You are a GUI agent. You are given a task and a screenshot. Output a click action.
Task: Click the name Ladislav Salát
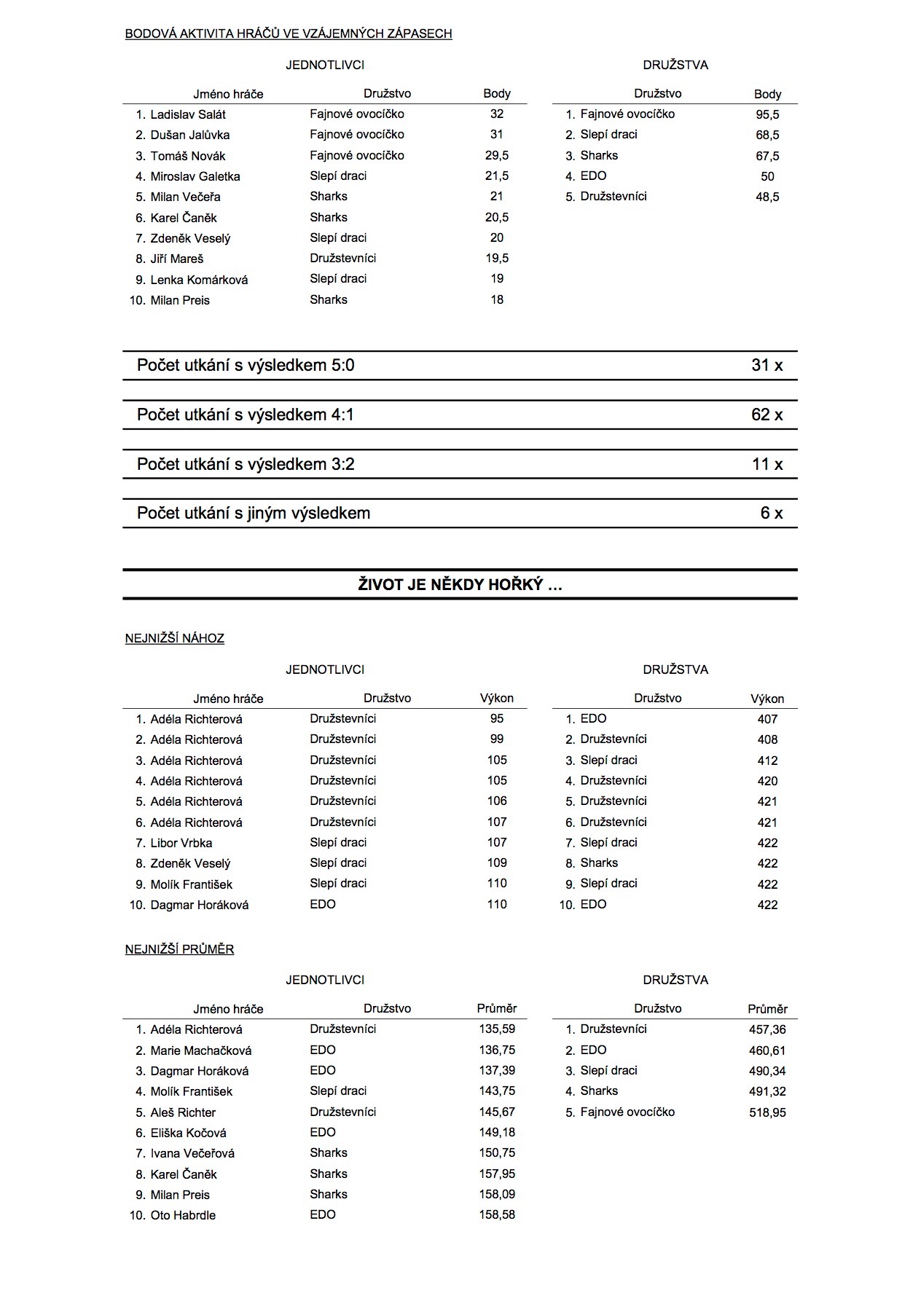[188, 114]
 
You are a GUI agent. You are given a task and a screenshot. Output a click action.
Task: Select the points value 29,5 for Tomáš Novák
[497, 156]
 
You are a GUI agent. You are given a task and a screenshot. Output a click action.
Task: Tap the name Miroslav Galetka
[195, 176]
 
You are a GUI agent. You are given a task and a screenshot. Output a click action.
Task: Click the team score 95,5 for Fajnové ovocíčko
[767, 115]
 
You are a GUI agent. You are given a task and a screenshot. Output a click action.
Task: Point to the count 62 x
[767, 415]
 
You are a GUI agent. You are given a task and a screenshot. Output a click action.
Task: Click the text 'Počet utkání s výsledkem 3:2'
[246, 465]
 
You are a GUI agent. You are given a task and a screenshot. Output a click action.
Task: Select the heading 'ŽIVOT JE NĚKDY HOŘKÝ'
[460, 585]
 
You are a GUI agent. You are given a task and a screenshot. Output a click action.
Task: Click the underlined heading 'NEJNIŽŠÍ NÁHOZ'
[175, 639]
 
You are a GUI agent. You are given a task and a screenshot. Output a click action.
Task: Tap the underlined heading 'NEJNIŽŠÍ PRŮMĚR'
[179, 950]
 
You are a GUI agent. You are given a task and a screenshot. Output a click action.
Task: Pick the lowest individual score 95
[497, 719]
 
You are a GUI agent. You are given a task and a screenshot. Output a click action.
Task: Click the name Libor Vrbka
[181, 844]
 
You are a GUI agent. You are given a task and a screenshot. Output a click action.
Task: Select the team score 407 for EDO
[767, 720]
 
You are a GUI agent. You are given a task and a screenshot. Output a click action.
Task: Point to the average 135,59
[497, 1030]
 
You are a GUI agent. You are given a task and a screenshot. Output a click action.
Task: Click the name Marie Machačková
[201, 1051]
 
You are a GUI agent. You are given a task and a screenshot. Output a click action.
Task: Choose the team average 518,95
[767, 1113]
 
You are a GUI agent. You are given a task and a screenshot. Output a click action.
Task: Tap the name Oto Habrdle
[183, 1216]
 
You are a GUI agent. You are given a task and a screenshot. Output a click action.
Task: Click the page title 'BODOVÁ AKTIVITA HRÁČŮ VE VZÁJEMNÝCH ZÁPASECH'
[289, 34]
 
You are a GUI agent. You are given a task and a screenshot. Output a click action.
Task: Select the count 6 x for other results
[771, 514]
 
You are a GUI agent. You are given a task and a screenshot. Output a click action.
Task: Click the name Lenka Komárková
[199, 280]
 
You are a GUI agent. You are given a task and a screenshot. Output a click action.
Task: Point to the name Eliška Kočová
[188, 1134]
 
